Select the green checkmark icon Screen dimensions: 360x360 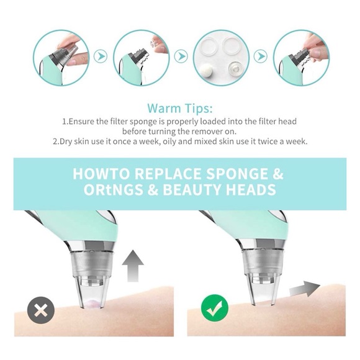tap(215, 307)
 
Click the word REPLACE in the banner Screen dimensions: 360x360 tap(168, 173)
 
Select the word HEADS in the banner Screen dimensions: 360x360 tap(254, 190)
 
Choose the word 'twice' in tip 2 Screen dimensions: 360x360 tap(266, 142)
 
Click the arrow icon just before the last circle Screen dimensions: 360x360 tap(259, 57)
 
